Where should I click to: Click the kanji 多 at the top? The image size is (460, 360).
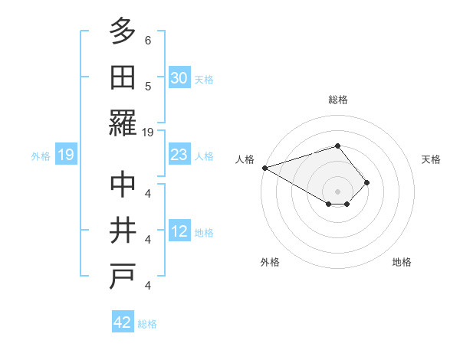pos(123,31)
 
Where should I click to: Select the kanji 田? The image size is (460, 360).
pos(123,77)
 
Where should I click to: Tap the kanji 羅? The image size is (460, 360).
pos(123,123)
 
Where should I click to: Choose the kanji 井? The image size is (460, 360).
pos(123,231)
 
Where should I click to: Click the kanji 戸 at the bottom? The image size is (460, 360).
pos(123,277)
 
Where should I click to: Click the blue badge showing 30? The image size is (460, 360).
pos(179,77)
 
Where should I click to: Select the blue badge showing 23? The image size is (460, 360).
pos(179,155)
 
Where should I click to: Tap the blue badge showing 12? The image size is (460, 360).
pos(179,231)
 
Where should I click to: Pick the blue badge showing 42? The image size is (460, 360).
pos(123,322)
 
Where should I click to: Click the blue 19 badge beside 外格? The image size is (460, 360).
pos(65,155)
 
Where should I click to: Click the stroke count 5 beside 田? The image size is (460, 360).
pos(147,87)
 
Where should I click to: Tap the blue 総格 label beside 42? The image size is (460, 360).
pos(147,324)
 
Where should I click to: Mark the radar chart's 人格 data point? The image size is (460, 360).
pos(264,168)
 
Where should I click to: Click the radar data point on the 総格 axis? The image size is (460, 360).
pos(337,146)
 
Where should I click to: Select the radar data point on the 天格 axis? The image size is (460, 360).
pos(367,182)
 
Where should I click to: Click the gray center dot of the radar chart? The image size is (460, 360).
pos(337,191)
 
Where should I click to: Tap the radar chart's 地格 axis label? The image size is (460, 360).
pos(402,262)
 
